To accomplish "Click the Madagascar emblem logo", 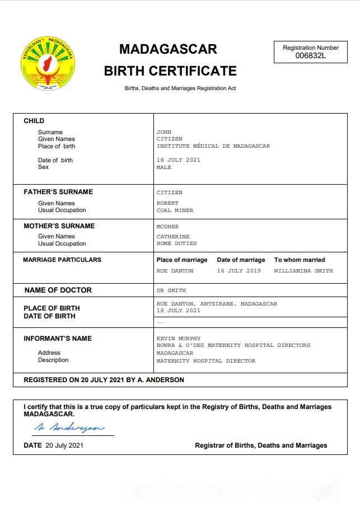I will (48, 64).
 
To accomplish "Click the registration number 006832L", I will (310, 55).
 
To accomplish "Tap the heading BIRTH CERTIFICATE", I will (170, 71).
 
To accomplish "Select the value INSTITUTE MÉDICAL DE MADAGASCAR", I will (213, 146).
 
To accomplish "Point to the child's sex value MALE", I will (164, 167).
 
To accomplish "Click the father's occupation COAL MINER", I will (175, 210).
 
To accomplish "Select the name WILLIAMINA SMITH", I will (303, 271).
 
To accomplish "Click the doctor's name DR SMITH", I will (171, 290).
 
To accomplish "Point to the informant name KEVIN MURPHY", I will (178, 339).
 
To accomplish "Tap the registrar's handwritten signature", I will (69, 428).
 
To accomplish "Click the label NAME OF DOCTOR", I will (58, 290).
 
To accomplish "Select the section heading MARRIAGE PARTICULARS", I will (62, 260).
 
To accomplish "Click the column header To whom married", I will (299, 260).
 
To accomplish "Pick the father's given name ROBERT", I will (167, 203).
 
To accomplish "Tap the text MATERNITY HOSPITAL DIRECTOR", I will (205, 361).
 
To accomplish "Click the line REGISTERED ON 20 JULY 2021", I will (104, 380).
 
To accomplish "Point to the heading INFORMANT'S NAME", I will (58, 339).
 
